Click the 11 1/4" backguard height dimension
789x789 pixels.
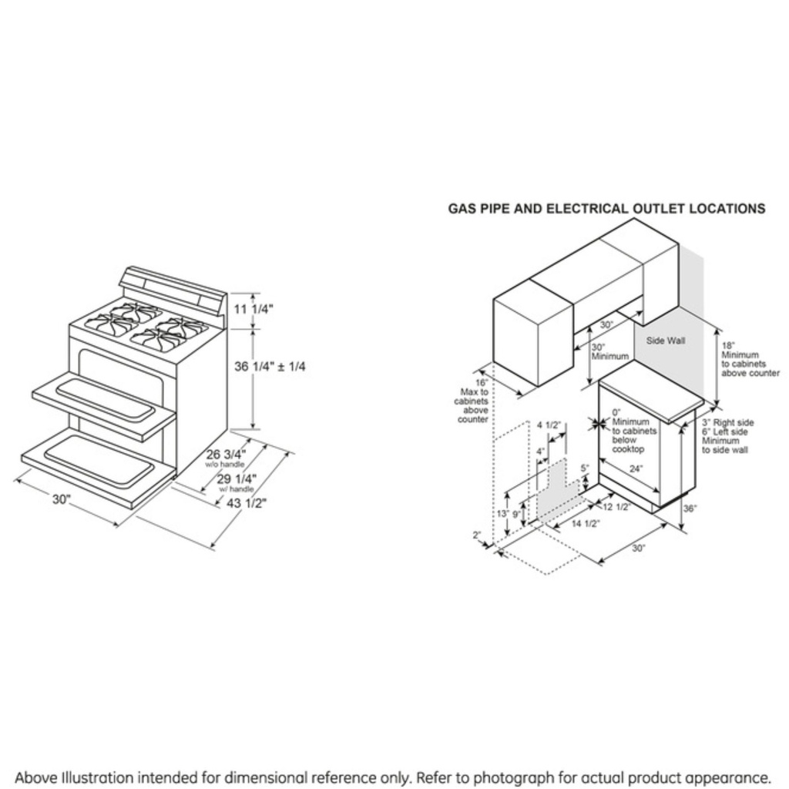253,309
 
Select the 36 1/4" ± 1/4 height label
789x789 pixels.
270,367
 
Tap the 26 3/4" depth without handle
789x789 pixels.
225,455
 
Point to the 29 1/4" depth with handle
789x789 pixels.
237,479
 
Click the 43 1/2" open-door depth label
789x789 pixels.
246,503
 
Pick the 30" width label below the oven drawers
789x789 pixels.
62,499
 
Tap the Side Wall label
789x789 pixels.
666,340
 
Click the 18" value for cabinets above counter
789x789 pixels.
728,345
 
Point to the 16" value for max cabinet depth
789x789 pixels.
482,383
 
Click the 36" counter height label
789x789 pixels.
690,509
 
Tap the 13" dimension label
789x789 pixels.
502,514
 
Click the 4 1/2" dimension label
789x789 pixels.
548,425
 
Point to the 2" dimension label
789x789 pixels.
477,535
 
